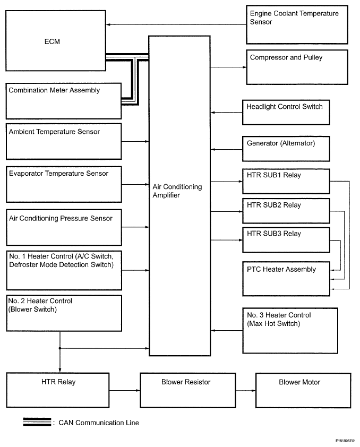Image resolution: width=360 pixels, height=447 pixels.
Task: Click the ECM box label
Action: [x=52, y=41]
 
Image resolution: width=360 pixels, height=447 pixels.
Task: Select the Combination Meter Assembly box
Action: [x=64, y=101]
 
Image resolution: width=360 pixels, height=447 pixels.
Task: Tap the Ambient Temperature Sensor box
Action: [x=64, y=141]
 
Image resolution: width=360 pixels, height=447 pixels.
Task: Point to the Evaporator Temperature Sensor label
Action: [x=59, y=173]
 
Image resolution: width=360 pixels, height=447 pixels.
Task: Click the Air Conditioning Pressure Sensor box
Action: [x=64, y=228]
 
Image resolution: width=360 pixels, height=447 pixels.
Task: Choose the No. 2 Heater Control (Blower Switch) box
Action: [x=64, y=313]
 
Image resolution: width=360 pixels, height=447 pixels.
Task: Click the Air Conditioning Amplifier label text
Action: [x=177, y=191]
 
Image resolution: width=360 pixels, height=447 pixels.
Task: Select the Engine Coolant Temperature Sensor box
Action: [x=297, y=24]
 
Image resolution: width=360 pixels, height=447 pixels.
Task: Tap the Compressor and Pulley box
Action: [x=297, y=67]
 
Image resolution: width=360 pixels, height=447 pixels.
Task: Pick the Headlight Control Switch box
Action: [x=286, y=113]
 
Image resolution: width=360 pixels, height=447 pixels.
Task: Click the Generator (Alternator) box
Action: [x=286, y=149]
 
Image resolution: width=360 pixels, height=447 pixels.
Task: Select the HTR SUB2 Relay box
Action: [x=286, y=211]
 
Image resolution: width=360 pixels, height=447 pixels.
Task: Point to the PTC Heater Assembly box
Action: [x=286, y=279]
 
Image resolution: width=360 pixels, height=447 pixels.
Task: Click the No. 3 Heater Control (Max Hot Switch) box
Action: [x=290, y=331]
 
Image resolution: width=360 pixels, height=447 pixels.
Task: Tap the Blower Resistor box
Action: [x=187, y=390]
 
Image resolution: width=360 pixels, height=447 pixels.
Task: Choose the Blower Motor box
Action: [x=303, y=390]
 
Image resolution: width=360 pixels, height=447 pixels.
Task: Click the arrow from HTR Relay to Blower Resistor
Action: [x=125, y=390]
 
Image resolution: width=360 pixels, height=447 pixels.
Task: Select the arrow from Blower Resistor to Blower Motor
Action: [x=245, y=390]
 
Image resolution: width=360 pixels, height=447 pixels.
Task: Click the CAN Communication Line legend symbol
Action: [x=37, y=422]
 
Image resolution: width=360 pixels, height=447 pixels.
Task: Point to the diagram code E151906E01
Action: [x=346, y=441]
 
